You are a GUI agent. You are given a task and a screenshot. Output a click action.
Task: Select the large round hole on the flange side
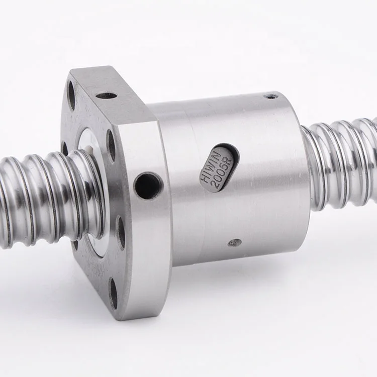148,185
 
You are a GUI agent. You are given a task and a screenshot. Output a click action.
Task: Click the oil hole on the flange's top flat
106,95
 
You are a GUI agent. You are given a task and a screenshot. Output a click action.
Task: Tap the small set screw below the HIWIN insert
234,242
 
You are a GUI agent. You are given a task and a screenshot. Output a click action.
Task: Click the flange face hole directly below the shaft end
121,232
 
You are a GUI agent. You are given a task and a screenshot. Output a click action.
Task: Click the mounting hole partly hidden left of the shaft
65,148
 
